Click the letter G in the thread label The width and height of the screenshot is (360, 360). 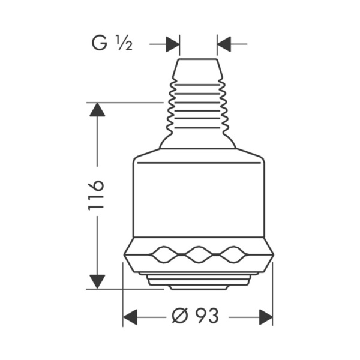(100, 43)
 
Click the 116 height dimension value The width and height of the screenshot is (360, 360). (97, 195)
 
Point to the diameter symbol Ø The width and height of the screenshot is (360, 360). (180, 316)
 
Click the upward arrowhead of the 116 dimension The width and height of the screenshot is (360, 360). (97, 110)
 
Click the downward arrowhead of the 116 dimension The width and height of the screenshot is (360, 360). (97, 282)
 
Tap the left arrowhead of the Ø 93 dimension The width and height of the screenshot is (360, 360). (130, 317)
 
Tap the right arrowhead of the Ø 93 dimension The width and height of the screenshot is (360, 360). (266, 317)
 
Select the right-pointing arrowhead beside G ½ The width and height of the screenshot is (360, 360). (173, 44)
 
